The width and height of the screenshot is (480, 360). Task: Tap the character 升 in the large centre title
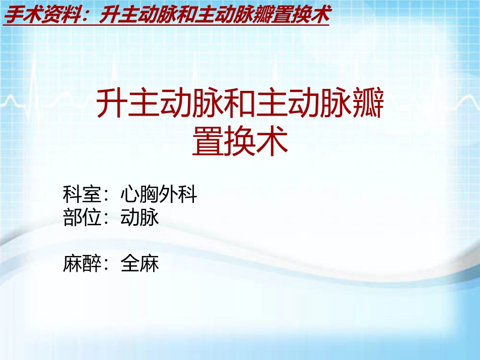pos(112,104)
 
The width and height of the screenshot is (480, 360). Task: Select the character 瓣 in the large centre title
pos(368,104)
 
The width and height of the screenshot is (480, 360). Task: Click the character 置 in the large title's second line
pos(208,141)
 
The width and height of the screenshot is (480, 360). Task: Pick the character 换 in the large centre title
pos(240,141)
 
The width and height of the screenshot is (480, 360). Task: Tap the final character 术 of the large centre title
pos(272,141)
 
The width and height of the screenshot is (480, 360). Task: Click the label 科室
pos(82,194)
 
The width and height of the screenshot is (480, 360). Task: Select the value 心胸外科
pos(159,194)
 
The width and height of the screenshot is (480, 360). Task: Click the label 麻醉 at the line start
pos(82,264)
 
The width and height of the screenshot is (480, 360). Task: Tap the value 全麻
pos(140,264)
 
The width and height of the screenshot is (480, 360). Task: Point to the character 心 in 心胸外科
pos(130,194)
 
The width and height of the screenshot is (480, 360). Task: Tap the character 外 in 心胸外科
pos(168,194)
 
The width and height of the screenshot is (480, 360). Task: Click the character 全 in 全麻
pos(130,264)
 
